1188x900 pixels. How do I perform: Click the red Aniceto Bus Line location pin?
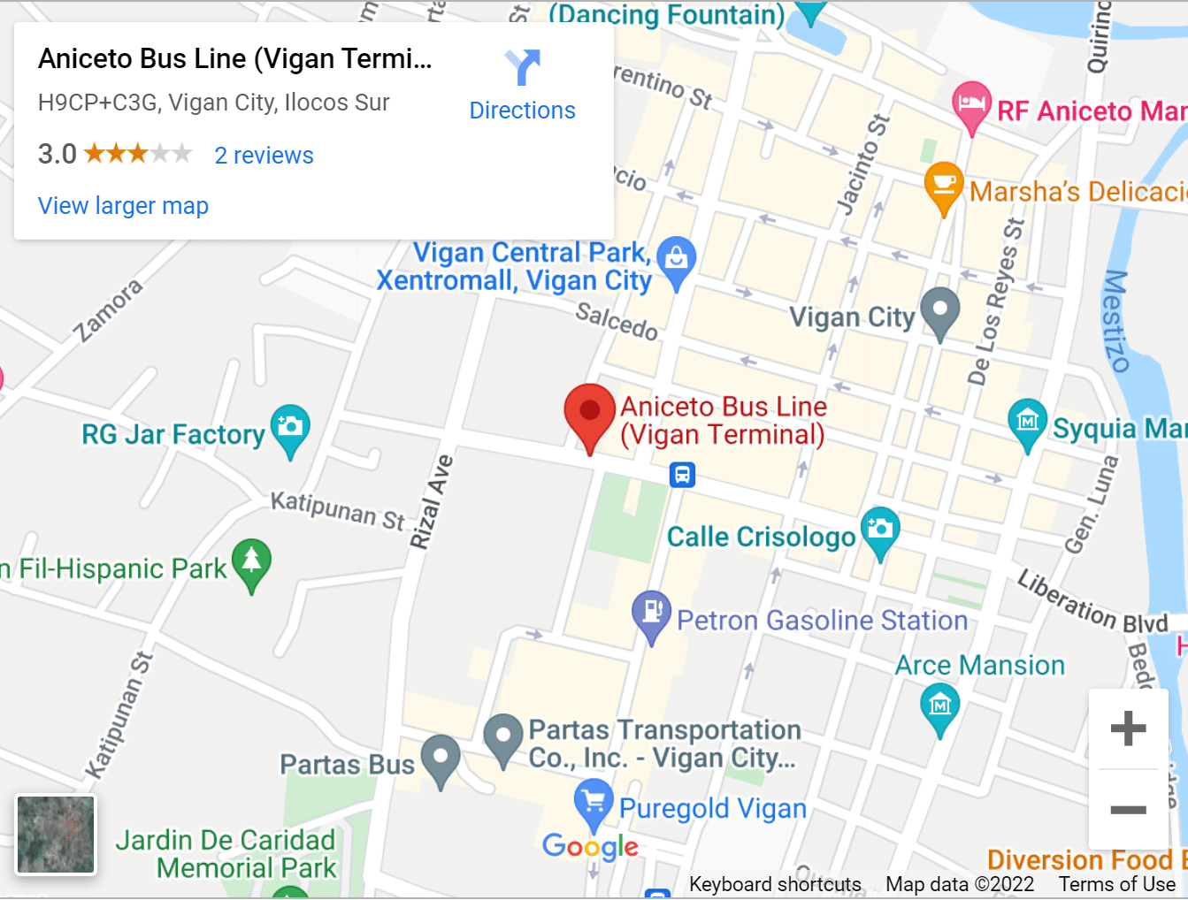point(589,414)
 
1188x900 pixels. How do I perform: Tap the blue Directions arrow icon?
point(522,67)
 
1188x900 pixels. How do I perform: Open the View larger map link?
point(123,206)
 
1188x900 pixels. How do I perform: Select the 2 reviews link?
point(264,156)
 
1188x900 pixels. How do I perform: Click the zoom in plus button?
point(1128,729)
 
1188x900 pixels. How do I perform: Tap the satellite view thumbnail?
point(56,835)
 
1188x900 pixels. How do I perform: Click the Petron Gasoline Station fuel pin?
point(652,613)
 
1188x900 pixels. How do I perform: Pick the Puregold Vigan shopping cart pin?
point(593,803)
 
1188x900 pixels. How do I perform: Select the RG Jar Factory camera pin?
point(290,428)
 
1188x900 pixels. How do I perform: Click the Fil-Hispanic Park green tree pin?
point(251,562)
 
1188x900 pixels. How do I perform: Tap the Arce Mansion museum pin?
point(939,707)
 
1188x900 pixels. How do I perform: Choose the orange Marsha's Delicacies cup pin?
point(944,185)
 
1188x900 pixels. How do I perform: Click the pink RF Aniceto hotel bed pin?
point(971,104)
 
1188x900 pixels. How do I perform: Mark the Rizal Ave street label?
point(432,501)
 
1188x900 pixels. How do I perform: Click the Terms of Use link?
point(1116,884)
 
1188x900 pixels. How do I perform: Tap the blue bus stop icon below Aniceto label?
point(682,475)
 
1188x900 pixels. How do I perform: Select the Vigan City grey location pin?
point(939,311)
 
